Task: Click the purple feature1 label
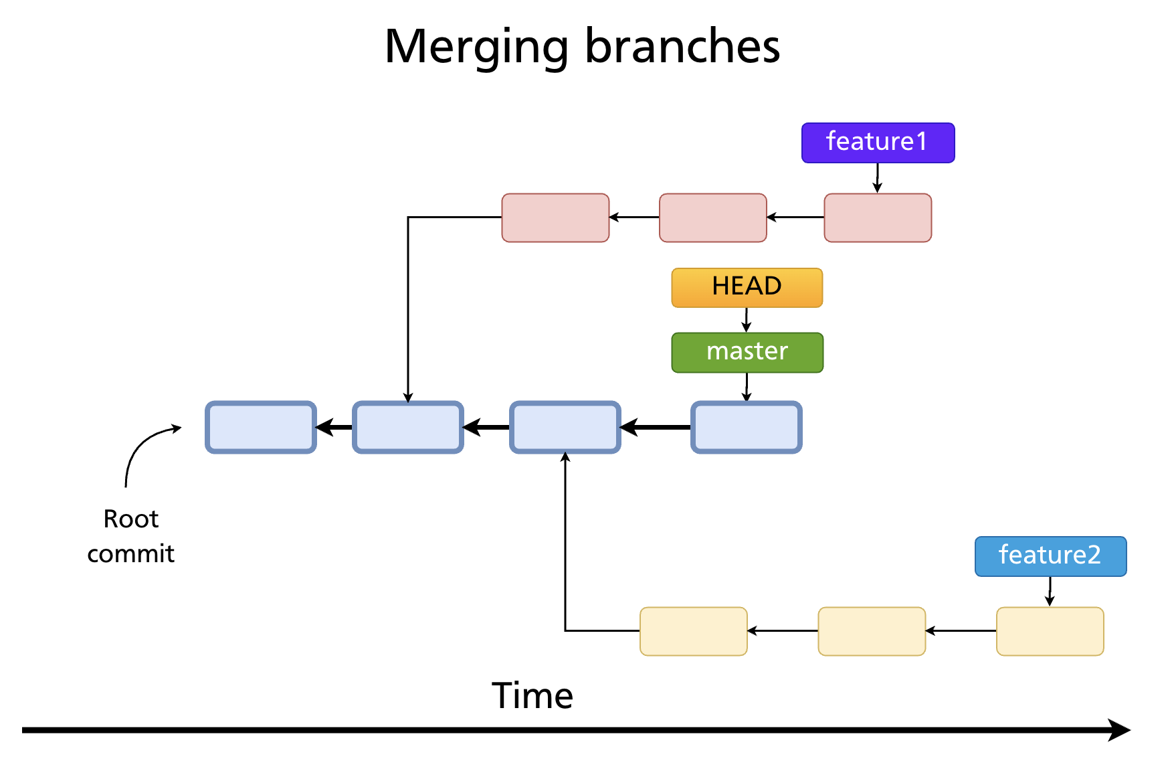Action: click(x=878, y=143)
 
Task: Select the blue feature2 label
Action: click(x=1050, y=555)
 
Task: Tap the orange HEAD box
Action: click(x=747, y=287)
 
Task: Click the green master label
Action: click(x=747, y=352)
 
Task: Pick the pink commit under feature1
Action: click(x=878, y=218)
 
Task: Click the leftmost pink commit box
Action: click(x=555, y=218)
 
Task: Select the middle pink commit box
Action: click(x=712, y=218)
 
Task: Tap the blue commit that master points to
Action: click(x=746, y=427)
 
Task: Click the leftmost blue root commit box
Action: click(x=261, y=427)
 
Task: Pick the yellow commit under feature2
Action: click(x=1050, y=631)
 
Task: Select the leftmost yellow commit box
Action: click(x=693, y=631)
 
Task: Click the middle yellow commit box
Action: click(x=872, y=631)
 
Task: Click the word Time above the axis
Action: click(x=532, y=695)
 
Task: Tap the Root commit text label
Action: click(x=131, y=536)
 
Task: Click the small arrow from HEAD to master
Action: click(x=747, y=320)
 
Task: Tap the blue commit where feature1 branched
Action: click(x=408, y=427)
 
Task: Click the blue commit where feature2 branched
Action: click(x=565, y=427)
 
